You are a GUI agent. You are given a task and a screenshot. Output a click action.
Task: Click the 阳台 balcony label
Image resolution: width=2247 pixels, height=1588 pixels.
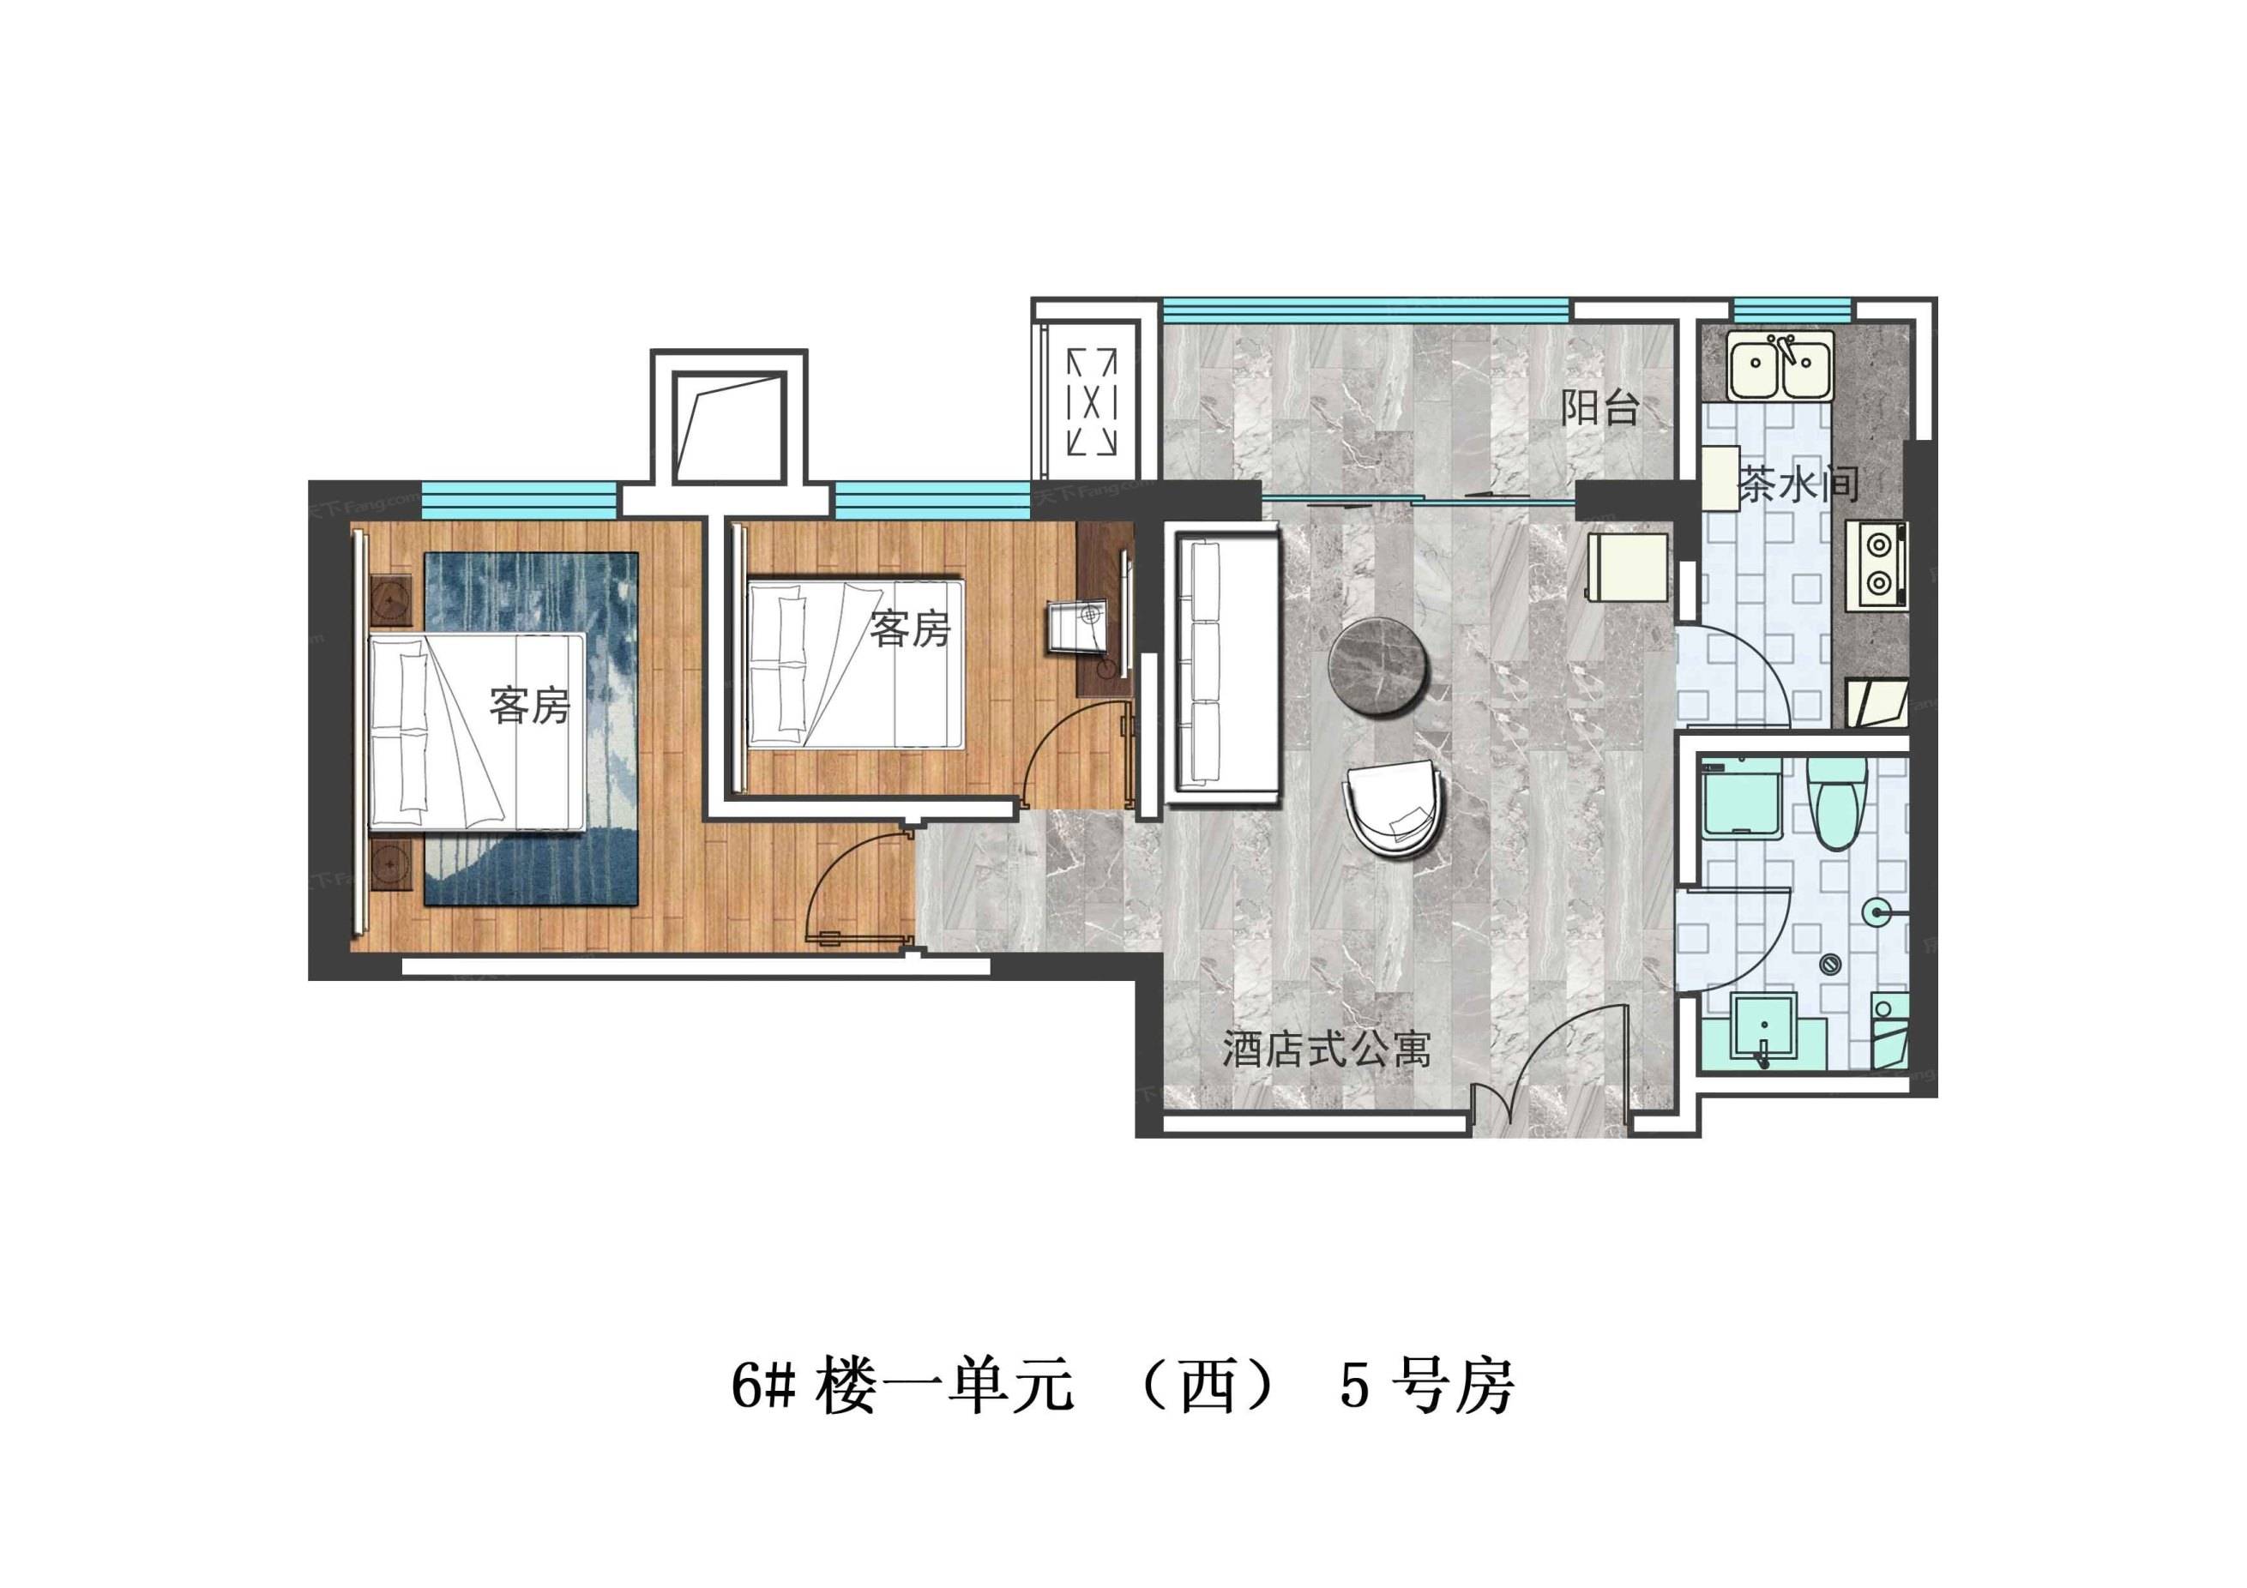pyautogui.click(x=1600, y=407)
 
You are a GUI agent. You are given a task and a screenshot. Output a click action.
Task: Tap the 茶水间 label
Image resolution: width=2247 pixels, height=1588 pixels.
pyautogui.click(x=1798, y=484)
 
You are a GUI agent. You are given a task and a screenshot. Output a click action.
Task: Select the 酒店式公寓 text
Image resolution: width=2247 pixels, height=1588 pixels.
pyautogui.click(x=1326, y=1050)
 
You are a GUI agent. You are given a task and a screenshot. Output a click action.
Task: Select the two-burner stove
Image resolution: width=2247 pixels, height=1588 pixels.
pyautogui.click(x=1877, y=567)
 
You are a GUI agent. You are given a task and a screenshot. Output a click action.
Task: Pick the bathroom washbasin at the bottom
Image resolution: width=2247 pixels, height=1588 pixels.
pyautogui.click(x=1762, y=1027)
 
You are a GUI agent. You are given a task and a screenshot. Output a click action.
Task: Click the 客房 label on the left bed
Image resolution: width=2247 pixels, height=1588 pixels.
pyautogui.click(x=529, y=706)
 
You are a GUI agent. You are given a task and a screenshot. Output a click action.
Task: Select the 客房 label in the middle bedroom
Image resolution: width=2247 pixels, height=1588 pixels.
pyautogui.click(x=910, y=629)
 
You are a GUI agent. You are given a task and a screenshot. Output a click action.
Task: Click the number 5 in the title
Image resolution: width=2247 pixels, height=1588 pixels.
pyautogui.click(x=1354, y=1386)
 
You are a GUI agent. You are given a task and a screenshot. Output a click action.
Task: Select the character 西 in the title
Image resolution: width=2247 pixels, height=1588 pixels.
pyautogui.click(x=1207, y=1386)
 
